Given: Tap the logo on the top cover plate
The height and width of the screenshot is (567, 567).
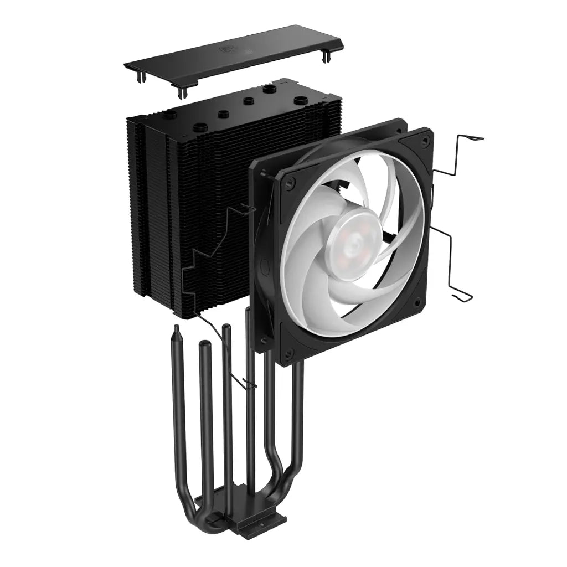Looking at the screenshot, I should pos(228,49).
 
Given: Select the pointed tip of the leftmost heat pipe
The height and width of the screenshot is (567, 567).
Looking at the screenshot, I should pos(176,330).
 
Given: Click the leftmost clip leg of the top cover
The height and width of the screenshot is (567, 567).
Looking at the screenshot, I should pos(137,75).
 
